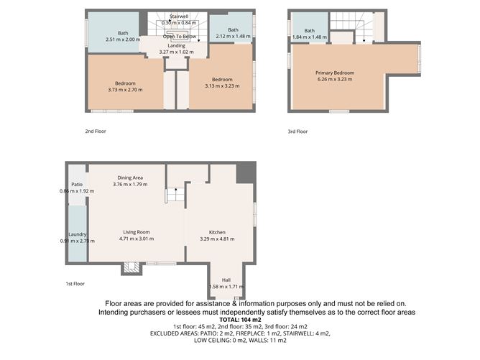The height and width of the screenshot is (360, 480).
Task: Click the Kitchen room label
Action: pyautogui.click(x=217, y=232)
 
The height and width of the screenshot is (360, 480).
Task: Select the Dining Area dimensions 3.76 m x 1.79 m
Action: pyautogui.click(x=130, y=185)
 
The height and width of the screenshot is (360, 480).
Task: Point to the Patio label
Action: pyautogui.click(x=76, y=185)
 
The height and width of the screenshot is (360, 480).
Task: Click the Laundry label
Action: pyautogui.click(x=77, y=234)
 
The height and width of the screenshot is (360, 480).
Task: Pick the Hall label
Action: pyautogui.click(x=226, y=280)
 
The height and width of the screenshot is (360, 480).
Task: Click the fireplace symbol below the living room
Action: pyautogui.click(x=130, y=268)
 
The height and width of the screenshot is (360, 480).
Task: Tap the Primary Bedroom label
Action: pyautogui.click(x=335, y=73)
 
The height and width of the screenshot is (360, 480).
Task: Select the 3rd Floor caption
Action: pyautogui.click(x=297, y=131)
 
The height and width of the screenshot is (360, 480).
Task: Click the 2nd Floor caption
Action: pyautogui.click(x=95, y=131)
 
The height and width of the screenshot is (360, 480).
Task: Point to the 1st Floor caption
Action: pyautogui.click(x=75, y=284)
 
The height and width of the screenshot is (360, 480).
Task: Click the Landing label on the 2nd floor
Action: pyautogui.click(x=176, y=45)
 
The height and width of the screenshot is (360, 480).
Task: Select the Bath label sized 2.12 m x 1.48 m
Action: pyautogui.click(x=233, y=29)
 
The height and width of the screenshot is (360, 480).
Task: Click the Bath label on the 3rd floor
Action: pyautogui.click(x=310, y=30)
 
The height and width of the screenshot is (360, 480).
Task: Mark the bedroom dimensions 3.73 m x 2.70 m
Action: pyautogui.click(x=125, y=90)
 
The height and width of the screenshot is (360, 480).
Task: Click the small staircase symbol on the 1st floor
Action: pyautogui.click(x=173, y=195)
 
